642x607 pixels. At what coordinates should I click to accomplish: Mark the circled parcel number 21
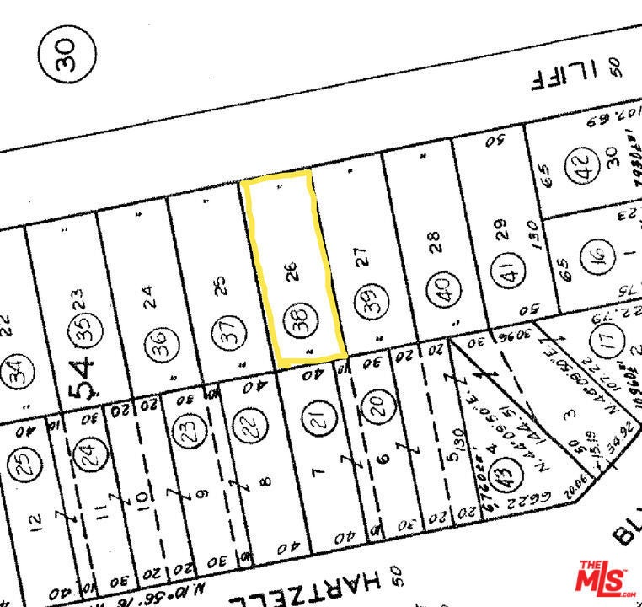[x=318, y=421]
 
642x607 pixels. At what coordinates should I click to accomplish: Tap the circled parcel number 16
[x=593, y=254]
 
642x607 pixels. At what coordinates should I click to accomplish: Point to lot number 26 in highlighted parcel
[x=292, y=272]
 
